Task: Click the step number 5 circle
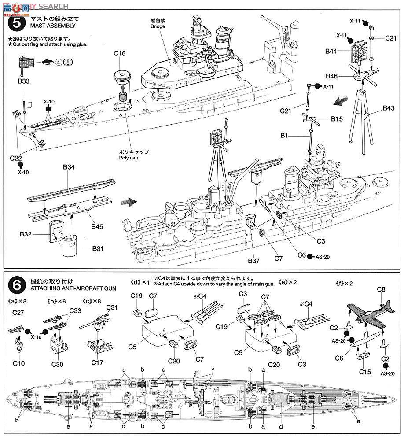(16, 22)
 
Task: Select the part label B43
(389, 107)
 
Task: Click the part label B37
(253, 261)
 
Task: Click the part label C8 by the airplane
(381, 290)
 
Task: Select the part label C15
(364, 372)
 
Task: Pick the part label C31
(112, 307)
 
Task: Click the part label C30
(57, 364)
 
